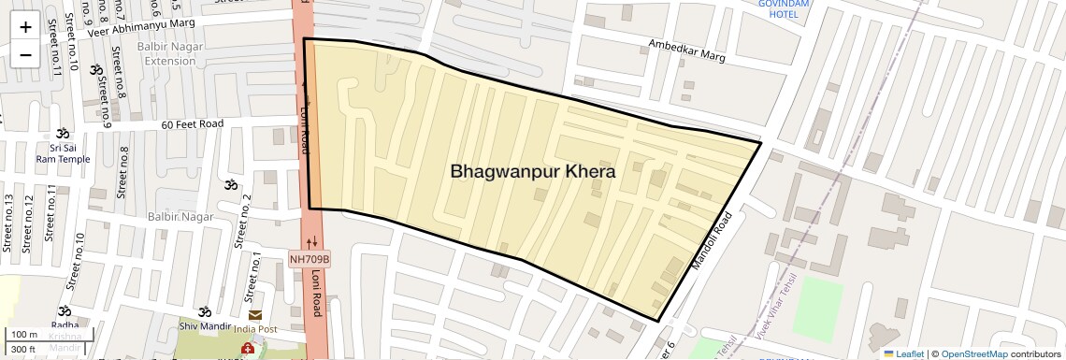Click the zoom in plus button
pos(25,26)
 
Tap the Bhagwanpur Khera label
pos(532,172)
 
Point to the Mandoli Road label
pos(711,241)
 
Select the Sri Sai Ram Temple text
pos(63,153)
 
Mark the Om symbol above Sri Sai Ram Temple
pos(63,134)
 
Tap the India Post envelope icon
pos(255,315)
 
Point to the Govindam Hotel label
pos(784,9)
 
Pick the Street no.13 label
pos(9,223)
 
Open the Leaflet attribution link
pos(903,353)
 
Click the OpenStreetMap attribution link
pos(973,353)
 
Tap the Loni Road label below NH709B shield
pos(319,300)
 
